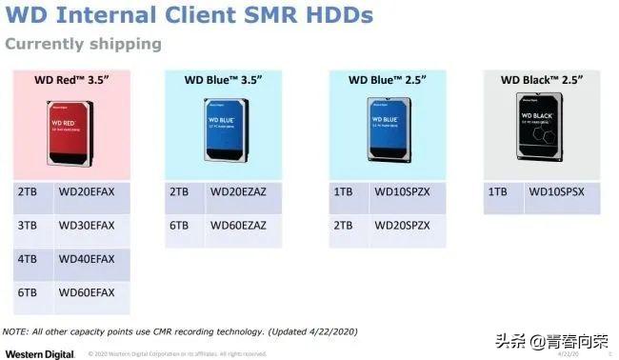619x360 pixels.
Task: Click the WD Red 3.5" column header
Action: (x=72, y=80)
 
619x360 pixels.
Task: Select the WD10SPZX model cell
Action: (x=404, y=191)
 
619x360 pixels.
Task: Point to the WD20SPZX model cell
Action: (x=404, y=226)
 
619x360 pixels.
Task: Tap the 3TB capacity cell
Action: (x=28, y=226)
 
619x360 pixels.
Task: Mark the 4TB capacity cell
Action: (x=28, y=259)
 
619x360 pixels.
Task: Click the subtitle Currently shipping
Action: (x=83, y=44)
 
